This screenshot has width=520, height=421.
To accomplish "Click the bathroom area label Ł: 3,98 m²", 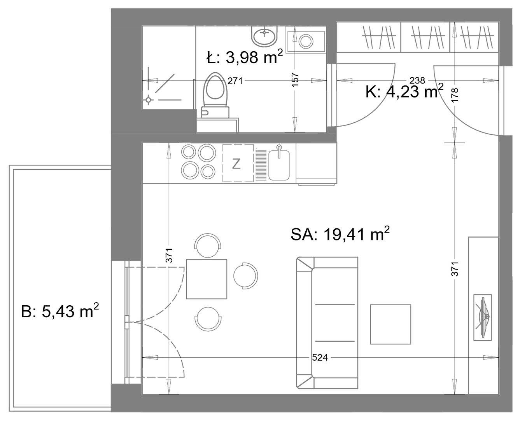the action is tap(244, 57).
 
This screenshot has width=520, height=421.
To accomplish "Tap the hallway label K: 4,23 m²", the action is tap(404, 91).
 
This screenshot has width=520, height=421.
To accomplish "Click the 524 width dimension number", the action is tap(320, 358).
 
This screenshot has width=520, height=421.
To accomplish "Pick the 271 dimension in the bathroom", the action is tap(235, 81).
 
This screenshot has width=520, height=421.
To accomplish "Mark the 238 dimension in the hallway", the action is tap(417, 80).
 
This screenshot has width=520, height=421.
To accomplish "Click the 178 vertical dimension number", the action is tap(455, 95).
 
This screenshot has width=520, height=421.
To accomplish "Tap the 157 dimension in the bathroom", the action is tap(295, 80).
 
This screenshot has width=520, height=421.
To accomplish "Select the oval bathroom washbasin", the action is tap(264, 37).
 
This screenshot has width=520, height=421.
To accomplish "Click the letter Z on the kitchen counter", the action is tap(236, 164).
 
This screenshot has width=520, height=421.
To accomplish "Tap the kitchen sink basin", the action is tap(279, 165).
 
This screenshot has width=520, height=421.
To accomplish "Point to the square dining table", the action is tap(207, 279).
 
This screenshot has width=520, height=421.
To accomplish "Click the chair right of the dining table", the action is tap(245, 276).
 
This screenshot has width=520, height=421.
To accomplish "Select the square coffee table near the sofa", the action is tap(390, 324).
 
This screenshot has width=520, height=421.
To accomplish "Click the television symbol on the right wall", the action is tap(482, 317).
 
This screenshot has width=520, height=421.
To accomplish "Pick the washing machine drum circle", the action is tap(306, 41).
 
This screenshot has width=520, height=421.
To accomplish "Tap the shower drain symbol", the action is tap(149, 100).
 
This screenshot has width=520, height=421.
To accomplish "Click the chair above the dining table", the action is tap(208, 245).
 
